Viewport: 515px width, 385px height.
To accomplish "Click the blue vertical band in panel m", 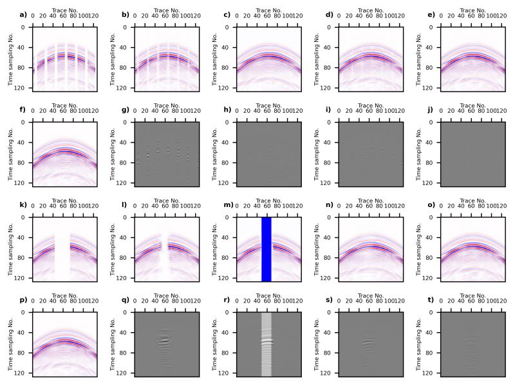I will pyautogui.click(x=267, y=249).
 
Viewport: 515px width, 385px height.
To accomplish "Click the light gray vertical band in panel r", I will pyautogui.click(x=267, y=344).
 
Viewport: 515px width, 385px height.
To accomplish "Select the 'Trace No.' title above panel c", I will pyautogui.click(x=268, y=10).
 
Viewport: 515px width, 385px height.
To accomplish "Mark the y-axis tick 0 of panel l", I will pyautogui.click(x=126, y=217).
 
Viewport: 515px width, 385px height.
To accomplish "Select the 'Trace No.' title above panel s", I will pyautogui.click(x=371, y=295).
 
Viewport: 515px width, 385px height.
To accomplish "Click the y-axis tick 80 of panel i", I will pyautogui.click(x=328, y=163).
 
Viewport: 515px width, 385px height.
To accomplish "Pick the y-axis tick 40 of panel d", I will pyautogui.click(x=328, y=48).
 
